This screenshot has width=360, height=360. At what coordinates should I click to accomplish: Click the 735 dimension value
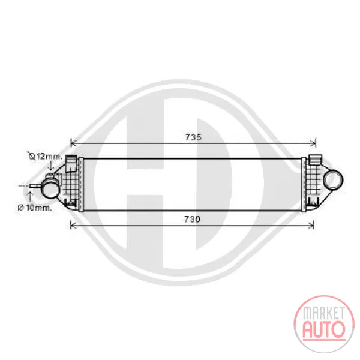coord(193,137)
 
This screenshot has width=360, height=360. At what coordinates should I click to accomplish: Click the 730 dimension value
coord(193,219)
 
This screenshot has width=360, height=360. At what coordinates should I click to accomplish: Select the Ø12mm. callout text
coord(45,157)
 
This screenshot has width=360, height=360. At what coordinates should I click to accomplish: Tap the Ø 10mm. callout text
coord(35,208)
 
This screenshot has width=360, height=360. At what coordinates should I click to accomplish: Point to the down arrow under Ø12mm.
coord(51,166)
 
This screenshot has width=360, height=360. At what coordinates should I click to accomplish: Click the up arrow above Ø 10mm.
coord(29,197)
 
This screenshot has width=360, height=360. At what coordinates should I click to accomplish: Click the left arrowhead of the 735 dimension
coord(73,144)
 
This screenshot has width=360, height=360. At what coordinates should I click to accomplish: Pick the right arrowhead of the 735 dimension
coord(313,144)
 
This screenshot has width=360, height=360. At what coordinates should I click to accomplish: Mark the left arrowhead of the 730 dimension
coord(73,226)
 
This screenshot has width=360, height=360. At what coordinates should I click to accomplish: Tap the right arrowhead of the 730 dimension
coord(311,226)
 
